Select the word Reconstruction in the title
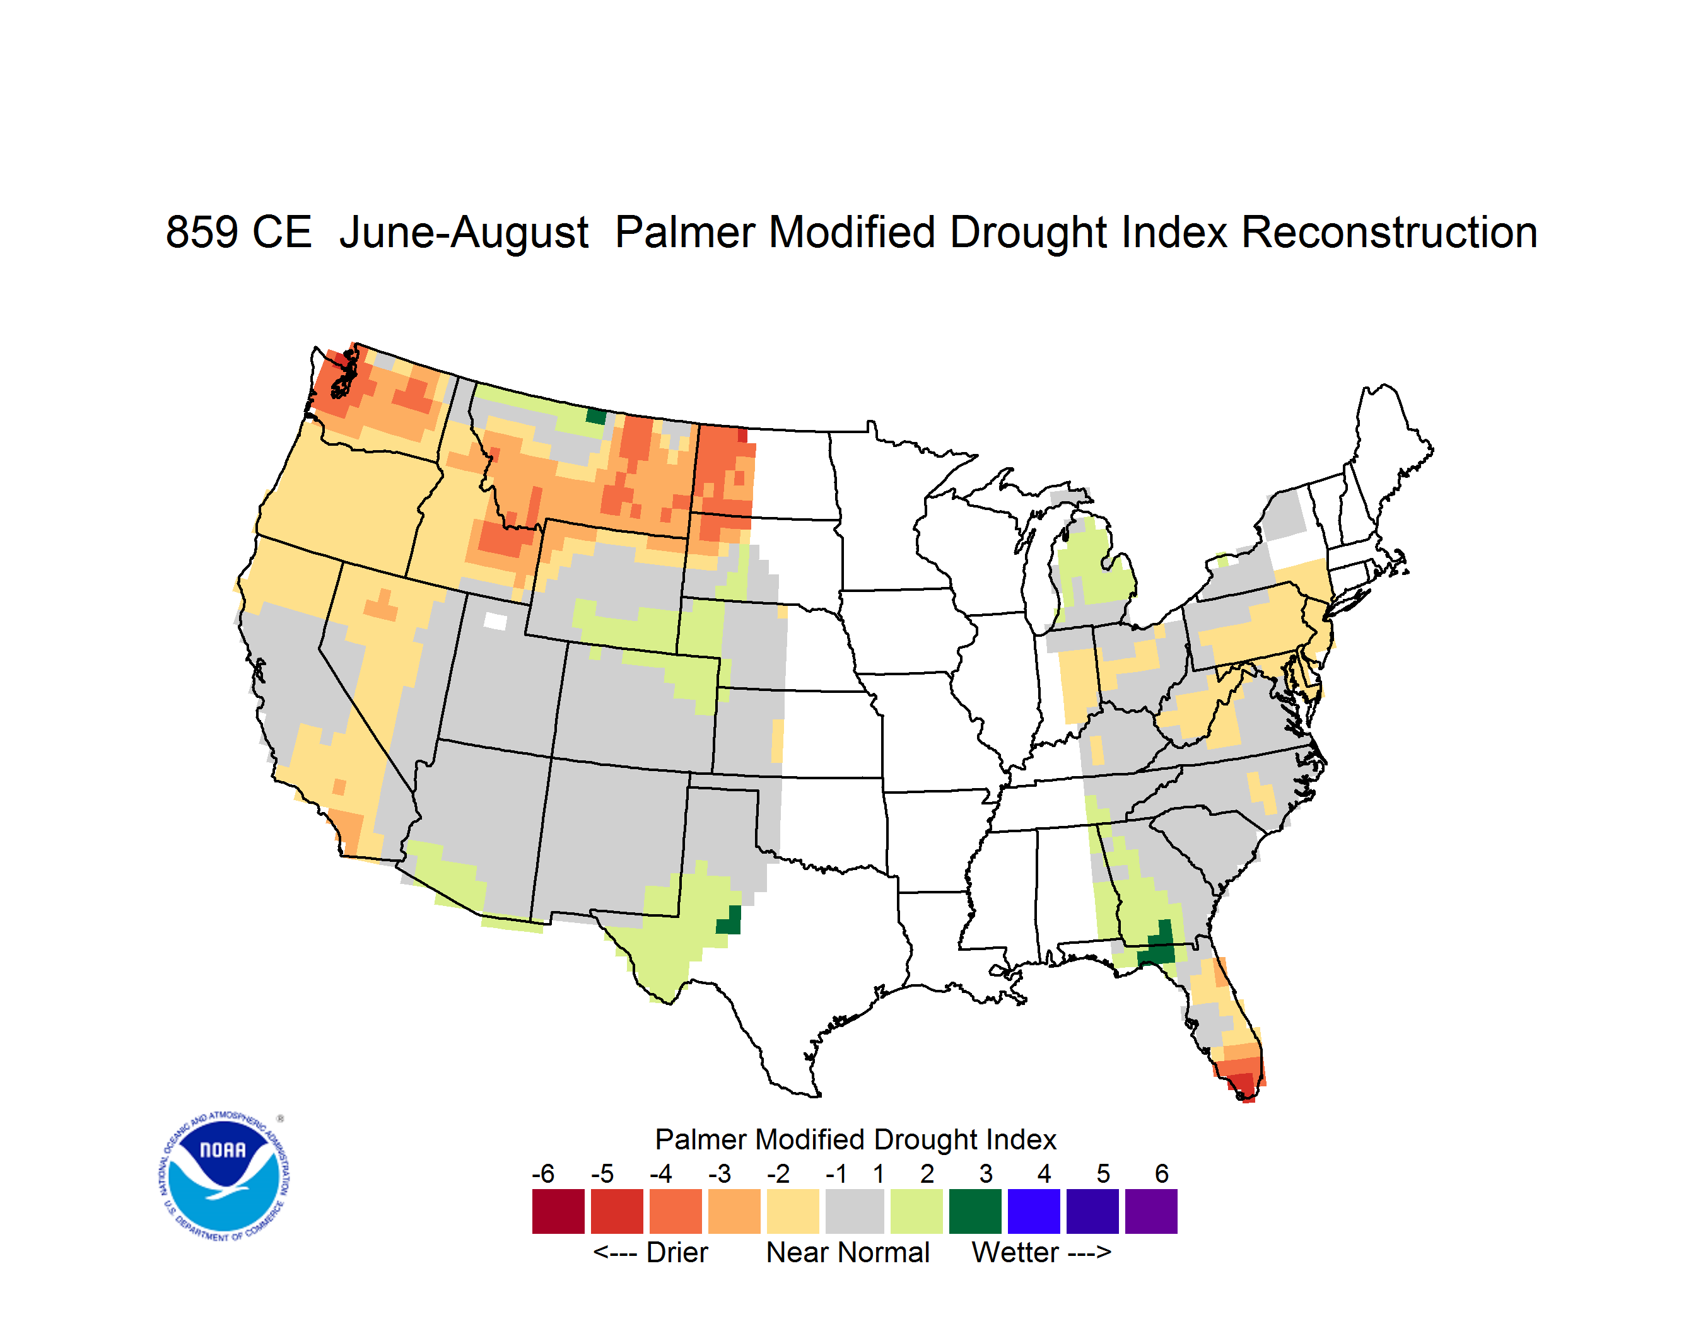[1389, 232]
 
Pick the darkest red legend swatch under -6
[558, 1211]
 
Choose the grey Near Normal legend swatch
[855, 1211]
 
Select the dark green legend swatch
[974, 1211]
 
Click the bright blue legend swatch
[1034, 1211]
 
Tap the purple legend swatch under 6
[1151, 1211]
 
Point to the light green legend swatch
[916, 1211]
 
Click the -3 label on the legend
[720, 1173]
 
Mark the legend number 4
[1044, 1173]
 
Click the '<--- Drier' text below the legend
[650, 1252]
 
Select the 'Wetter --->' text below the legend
[1041, 1252]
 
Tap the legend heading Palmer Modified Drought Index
[855, 1139]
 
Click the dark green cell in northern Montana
[596, 416]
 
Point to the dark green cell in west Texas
[729, 920]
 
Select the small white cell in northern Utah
[495, 621]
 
